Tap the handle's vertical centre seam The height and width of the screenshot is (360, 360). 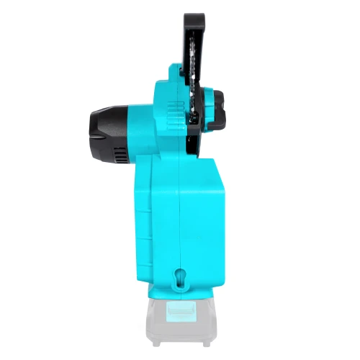click(x=179, y=216)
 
